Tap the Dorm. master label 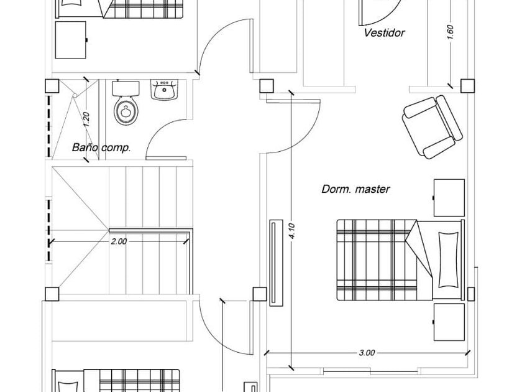355,189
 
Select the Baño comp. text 101,148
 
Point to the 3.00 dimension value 367,353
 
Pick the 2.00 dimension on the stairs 119,241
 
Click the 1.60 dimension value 451,32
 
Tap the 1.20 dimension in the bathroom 87,118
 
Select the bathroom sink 165,91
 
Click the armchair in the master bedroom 433,126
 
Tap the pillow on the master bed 447,258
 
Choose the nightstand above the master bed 449,197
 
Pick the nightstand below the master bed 449,322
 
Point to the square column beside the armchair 465,85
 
